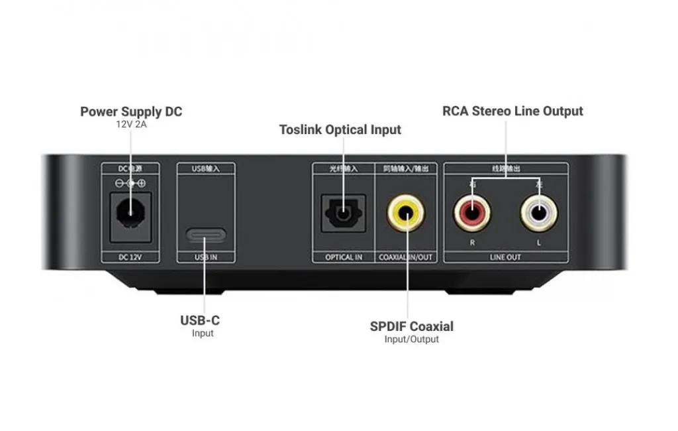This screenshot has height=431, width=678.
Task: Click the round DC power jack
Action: click(x=130, y=213)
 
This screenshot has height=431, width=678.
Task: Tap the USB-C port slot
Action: click(x=206, y=235)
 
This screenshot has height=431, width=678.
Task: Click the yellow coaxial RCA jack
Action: click(x=406, y=213)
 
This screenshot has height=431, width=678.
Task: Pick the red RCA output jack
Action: click(x=473, y=214)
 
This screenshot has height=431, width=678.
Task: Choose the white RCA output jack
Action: click(x=539, y=214)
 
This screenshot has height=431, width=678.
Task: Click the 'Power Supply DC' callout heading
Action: click(x=131, y=111)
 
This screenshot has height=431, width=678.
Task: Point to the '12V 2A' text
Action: click(x=131, y=124)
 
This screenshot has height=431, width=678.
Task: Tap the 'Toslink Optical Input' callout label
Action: click(x=340, y=129)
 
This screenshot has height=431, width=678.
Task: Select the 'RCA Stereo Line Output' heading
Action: click(x=512, y=111)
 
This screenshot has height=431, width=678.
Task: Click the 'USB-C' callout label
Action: click(x=200, y=320)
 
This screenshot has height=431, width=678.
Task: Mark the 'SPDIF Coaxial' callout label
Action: click(x=411, y=326)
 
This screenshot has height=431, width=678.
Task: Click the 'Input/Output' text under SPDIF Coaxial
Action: click(x=411, y=339)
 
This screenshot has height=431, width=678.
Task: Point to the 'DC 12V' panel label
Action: click(x=129, y=257)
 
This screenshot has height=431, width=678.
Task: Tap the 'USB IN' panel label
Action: click(x=206, y=257)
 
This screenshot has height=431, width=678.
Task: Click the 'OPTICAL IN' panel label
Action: click(x=344, y=257)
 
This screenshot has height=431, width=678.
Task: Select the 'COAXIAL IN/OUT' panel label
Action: click(x=406, y=257)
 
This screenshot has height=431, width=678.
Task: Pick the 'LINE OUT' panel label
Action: click(x=505, y=257)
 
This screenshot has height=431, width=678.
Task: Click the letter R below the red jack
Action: click(x=472, y=243)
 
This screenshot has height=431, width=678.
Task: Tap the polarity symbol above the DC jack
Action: click(x=130, y=182)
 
